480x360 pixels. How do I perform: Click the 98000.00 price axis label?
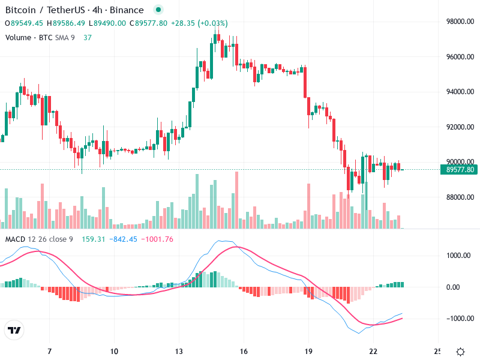[461, 22]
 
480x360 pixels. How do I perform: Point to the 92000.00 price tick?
[461, 127]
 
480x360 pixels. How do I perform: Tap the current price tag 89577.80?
[461, 170]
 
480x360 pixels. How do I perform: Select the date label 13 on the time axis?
[179, 351]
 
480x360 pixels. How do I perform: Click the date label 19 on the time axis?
[308, 351]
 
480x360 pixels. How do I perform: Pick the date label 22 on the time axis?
[373, 351]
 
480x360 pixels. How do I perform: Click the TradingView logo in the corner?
[14, 330]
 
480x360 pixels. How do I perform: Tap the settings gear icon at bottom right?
[461, 352]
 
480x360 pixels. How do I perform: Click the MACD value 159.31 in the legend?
[94, 239]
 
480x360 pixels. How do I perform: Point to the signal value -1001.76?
[157, 239]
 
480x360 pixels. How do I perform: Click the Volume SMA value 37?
[88, 37]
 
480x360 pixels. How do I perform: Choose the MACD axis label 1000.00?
[460, 256]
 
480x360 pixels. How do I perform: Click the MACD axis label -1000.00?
[460, 319]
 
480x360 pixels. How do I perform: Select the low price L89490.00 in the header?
[107, 23]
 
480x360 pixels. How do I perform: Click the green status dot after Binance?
[158, 10]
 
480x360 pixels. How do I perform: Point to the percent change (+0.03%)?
[208, 23]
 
